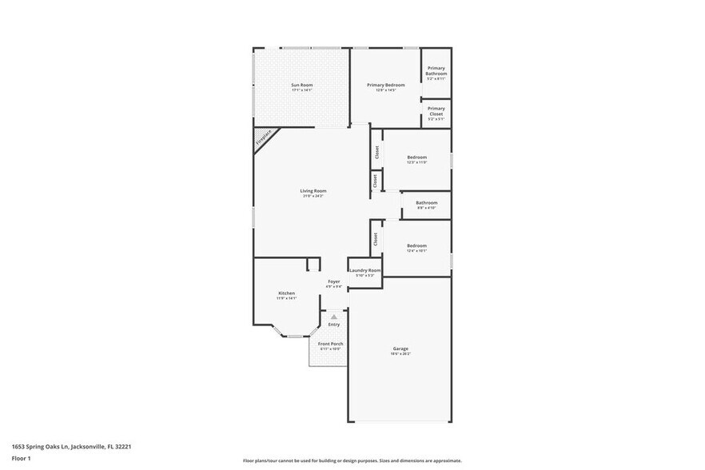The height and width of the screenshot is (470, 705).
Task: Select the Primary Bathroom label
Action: tap(436, 71)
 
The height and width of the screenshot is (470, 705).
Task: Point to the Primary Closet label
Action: tap(436, 111)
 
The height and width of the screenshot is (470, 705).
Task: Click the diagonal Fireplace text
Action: tap(264, 137)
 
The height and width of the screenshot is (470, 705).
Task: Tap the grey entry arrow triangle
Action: tap(334, 317)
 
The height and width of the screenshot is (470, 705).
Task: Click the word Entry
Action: tap(334, 324)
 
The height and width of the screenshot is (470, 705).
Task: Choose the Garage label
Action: tap(400, 349)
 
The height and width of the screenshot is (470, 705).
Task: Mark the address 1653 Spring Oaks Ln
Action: tap(71, 447)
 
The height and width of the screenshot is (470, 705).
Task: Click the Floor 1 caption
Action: tap(21, 458)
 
